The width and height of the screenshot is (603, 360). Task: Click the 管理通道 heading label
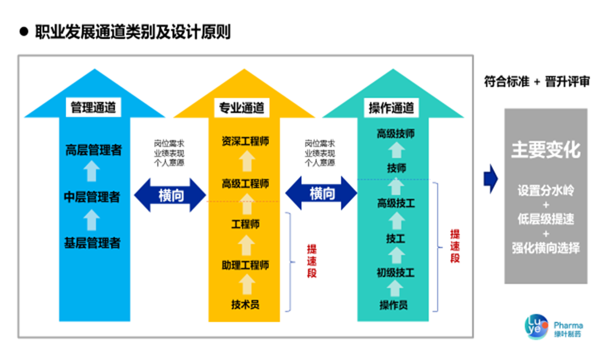(x=92, y=107)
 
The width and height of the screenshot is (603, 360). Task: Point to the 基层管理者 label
(x=92, y=242)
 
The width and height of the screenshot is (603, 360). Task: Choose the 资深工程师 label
(x=245, y=141)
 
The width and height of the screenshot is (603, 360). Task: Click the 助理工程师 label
(x=245, y=265)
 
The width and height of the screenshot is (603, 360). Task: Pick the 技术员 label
(x=245, y=304)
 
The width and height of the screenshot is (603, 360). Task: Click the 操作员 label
(x=394, y=304)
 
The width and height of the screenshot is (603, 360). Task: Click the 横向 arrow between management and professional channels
(x=170, y=195)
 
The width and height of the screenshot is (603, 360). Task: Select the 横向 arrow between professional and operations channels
(x=321, y=194)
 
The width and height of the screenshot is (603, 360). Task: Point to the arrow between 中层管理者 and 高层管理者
(x=91, y=173)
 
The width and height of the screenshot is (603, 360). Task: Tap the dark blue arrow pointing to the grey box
(x=490, y=179)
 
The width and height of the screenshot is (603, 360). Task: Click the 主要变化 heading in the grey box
(x=545, y=149)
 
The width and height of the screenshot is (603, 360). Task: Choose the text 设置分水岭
(x=545, y=190)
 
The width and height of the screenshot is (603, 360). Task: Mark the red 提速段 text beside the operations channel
(x=455, y=245)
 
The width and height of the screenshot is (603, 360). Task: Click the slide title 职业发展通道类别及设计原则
(x=132, y=31)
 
